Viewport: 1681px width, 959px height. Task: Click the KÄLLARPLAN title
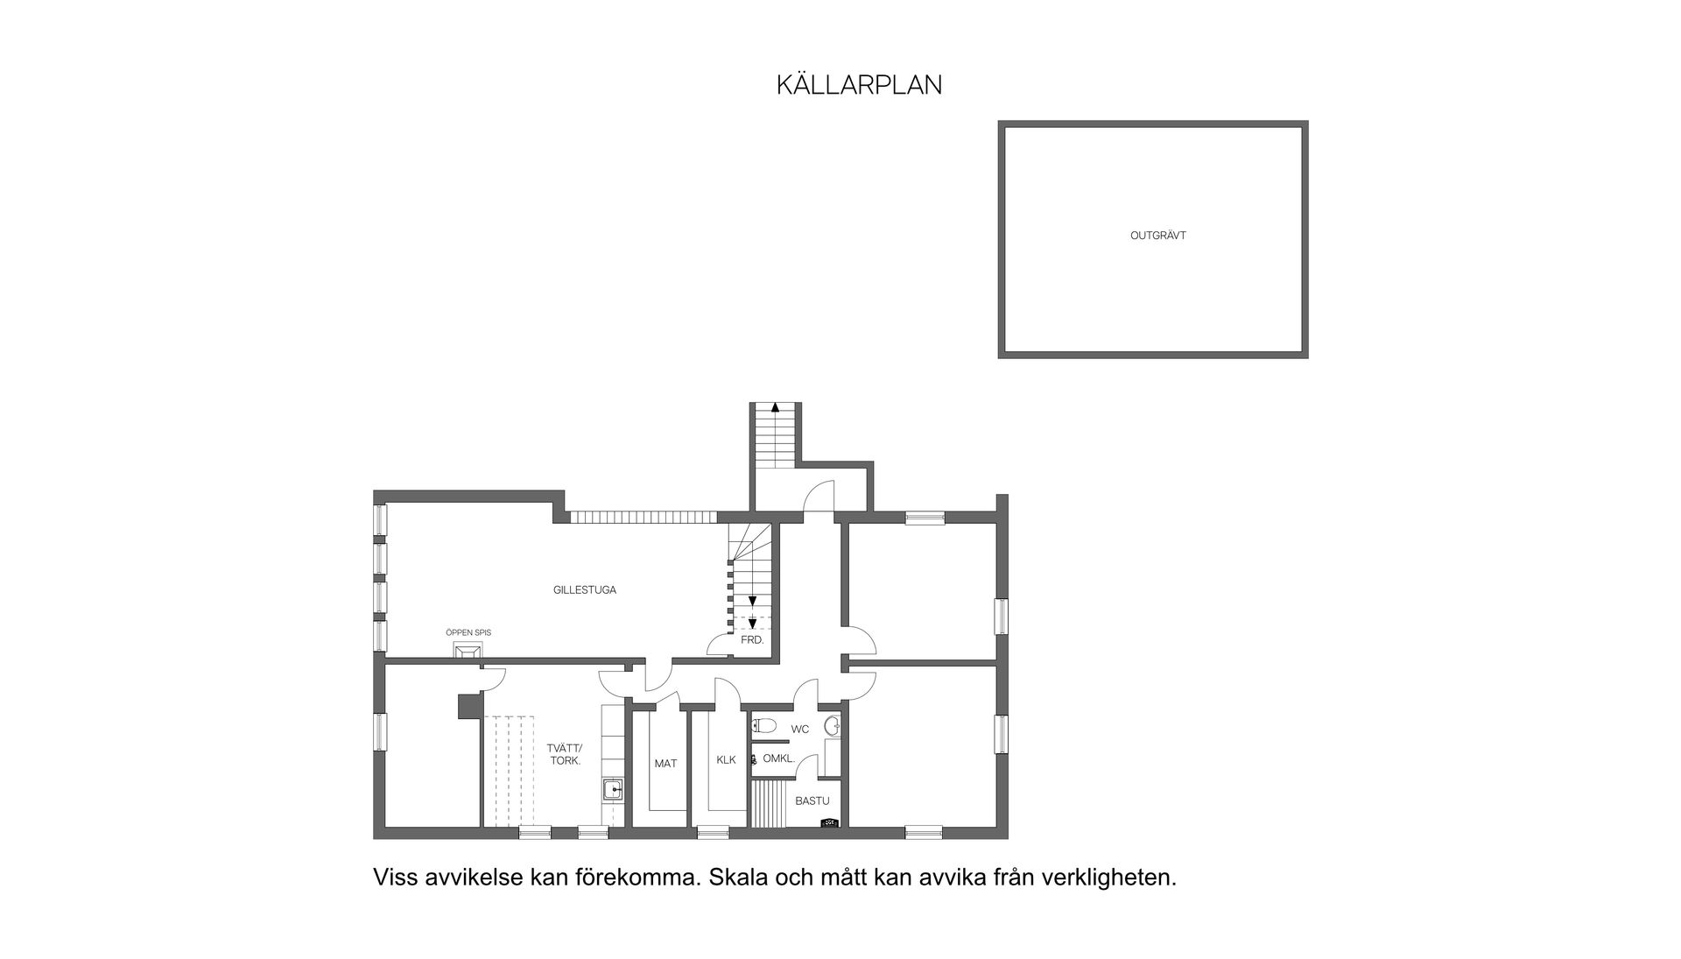[859, 85]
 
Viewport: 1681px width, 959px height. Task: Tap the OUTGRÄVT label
[1157, 236]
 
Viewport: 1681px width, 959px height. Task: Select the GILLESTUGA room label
[584, 590]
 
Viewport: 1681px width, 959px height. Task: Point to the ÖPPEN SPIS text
[468, 632]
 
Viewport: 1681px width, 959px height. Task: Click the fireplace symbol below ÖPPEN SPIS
[468, 650]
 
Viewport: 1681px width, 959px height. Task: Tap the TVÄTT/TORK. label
[564, 754]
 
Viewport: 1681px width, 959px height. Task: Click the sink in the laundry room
[613, 791]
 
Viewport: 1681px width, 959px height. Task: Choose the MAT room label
[665, 764]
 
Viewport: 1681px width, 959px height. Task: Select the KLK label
[726, 759]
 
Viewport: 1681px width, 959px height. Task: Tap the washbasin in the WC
[833, 725]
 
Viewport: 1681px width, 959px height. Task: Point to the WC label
[800, 729]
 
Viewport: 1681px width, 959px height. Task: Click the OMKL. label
[778, 758]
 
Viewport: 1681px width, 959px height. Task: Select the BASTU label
[812, 800]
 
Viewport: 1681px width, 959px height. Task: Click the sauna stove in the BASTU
[829, 822]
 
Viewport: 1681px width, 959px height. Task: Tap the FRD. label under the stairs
[752, 640]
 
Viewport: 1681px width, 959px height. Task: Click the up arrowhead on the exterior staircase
[774, 406]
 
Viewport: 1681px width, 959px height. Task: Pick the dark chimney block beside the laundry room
[469, 706]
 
